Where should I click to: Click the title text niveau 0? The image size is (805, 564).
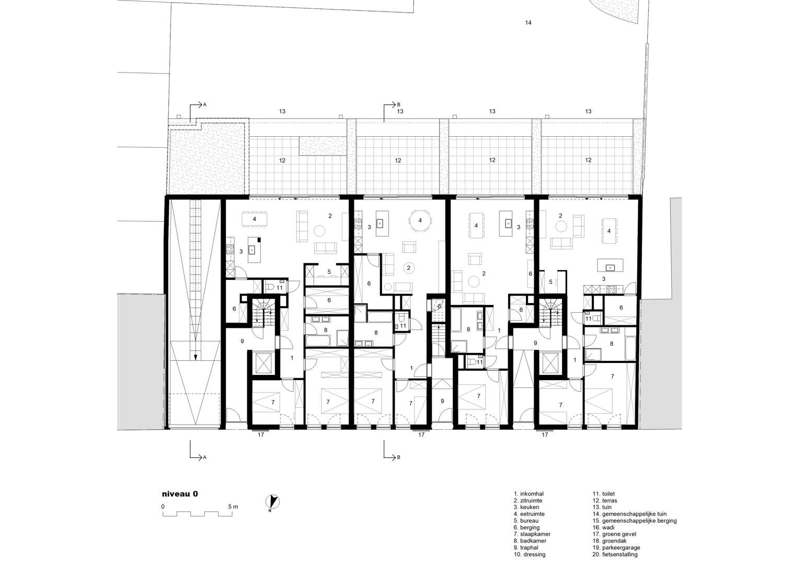180,494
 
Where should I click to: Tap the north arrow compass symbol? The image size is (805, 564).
272,501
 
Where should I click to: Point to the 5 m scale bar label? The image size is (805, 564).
233,507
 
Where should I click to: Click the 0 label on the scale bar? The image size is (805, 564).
163,507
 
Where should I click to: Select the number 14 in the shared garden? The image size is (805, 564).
528,22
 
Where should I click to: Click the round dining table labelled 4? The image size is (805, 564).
420,221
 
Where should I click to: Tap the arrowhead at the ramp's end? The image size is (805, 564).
195,357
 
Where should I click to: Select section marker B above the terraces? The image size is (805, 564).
392,105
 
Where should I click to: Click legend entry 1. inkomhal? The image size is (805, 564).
528,494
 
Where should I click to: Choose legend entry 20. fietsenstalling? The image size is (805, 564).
615,554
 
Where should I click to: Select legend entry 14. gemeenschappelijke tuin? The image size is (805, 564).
629,514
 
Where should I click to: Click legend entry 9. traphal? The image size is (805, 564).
526,547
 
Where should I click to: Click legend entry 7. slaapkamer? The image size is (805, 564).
532,534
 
